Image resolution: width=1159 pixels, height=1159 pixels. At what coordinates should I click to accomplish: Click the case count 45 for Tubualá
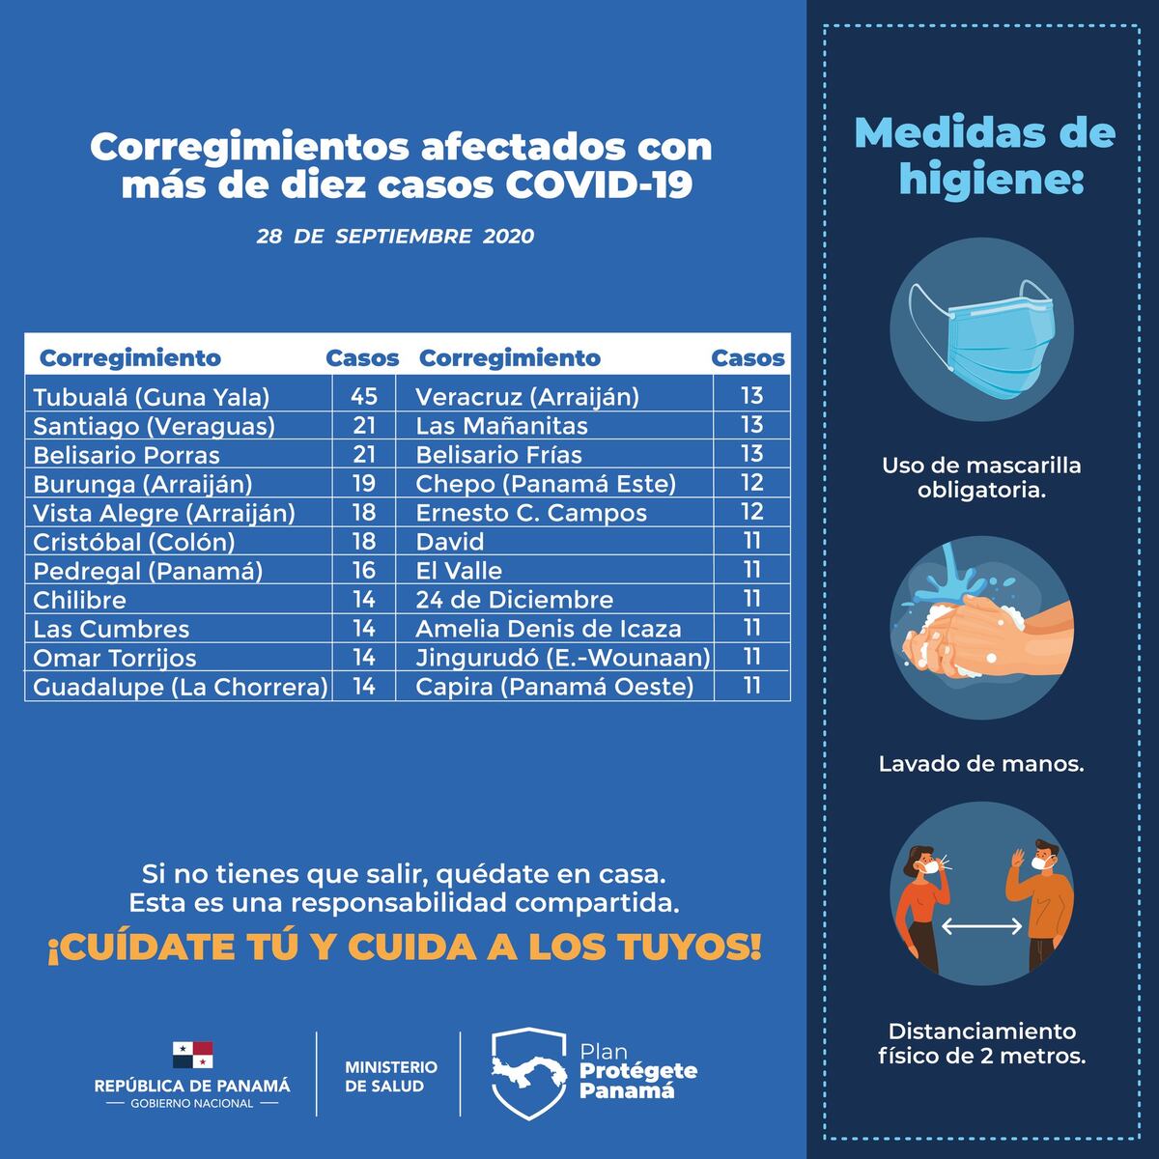[363, 397]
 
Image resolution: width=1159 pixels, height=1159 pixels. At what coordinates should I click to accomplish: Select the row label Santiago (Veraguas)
[154, 426]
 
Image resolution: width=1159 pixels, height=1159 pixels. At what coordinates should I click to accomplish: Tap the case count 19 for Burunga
[363, 484]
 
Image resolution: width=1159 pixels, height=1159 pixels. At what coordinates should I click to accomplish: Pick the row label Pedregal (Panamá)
[148, 571]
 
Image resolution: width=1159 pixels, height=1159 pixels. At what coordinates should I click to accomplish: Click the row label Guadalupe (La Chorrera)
[180, 687]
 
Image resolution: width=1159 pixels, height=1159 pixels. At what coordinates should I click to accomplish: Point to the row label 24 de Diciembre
[514, 600]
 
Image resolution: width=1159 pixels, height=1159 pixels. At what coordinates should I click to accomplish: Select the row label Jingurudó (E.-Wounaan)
[562, 658]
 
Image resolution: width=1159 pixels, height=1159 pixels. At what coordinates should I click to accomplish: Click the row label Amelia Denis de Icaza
[548, 629]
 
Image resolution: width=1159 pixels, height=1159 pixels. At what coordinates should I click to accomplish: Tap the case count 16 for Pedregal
[363, 571]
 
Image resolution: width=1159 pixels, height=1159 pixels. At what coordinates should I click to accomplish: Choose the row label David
[449, 542]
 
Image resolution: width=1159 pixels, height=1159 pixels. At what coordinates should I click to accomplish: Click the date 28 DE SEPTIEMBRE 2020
[395, 237]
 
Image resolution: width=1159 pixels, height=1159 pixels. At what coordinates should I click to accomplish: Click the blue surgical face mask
[990, 337]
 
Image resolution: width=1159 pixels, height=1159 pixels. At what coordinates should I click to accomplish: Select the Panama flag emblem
[192, 1055]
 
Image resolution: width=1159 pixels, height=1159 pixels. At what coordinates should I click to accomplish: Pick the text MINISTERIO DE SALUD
[390, 1076]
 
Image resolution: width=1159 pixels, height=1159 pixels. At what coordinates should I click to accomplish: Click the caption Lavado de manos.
[980, 764]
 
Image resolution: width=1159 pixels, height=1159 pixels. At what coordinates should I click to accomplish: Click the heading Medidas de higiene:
[984, 155]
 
